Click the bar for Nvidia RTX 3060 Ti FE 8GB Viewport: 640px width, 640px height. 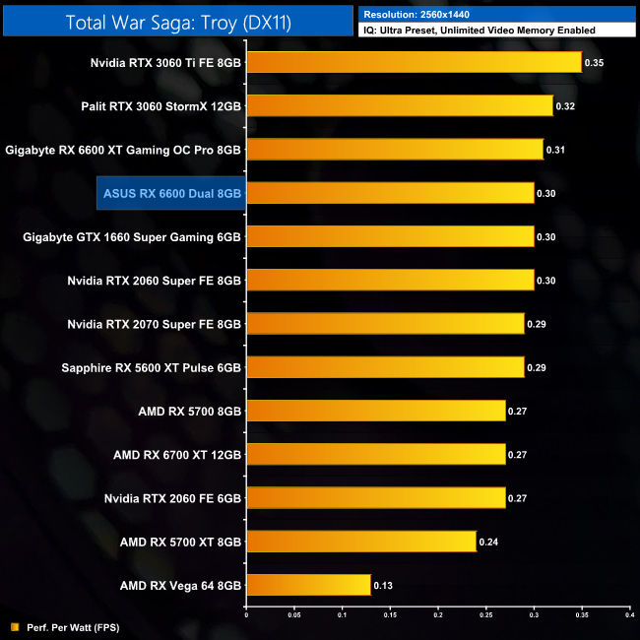coord(414,62)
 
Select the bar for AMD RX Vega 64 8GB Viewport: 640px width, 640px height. coord(308,585)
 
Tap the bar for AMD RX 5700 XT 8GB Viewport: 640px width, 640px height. coord(360,542)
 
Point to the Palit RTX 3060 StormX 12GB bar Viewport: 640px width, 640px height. coord(399,105)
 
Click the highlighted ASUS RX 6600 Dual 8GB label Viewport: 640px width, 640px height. coord(170,193)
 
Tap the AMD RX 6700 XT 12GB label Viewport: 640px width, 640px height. coord(177,454)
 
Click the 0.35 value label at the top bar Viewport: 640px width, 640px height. coord(595,62)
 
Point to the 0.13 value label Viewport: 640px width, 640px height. coord(384,585)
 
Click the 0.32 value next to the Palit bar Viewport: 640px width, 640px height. coord(566,105)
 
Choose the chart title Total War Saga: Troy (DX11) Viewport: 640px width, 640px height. coord(177,21)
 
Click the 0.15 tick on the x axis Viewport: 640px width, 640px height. coord(390,614)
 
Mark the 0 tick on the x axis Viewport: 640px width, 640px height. coord(246,614)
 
